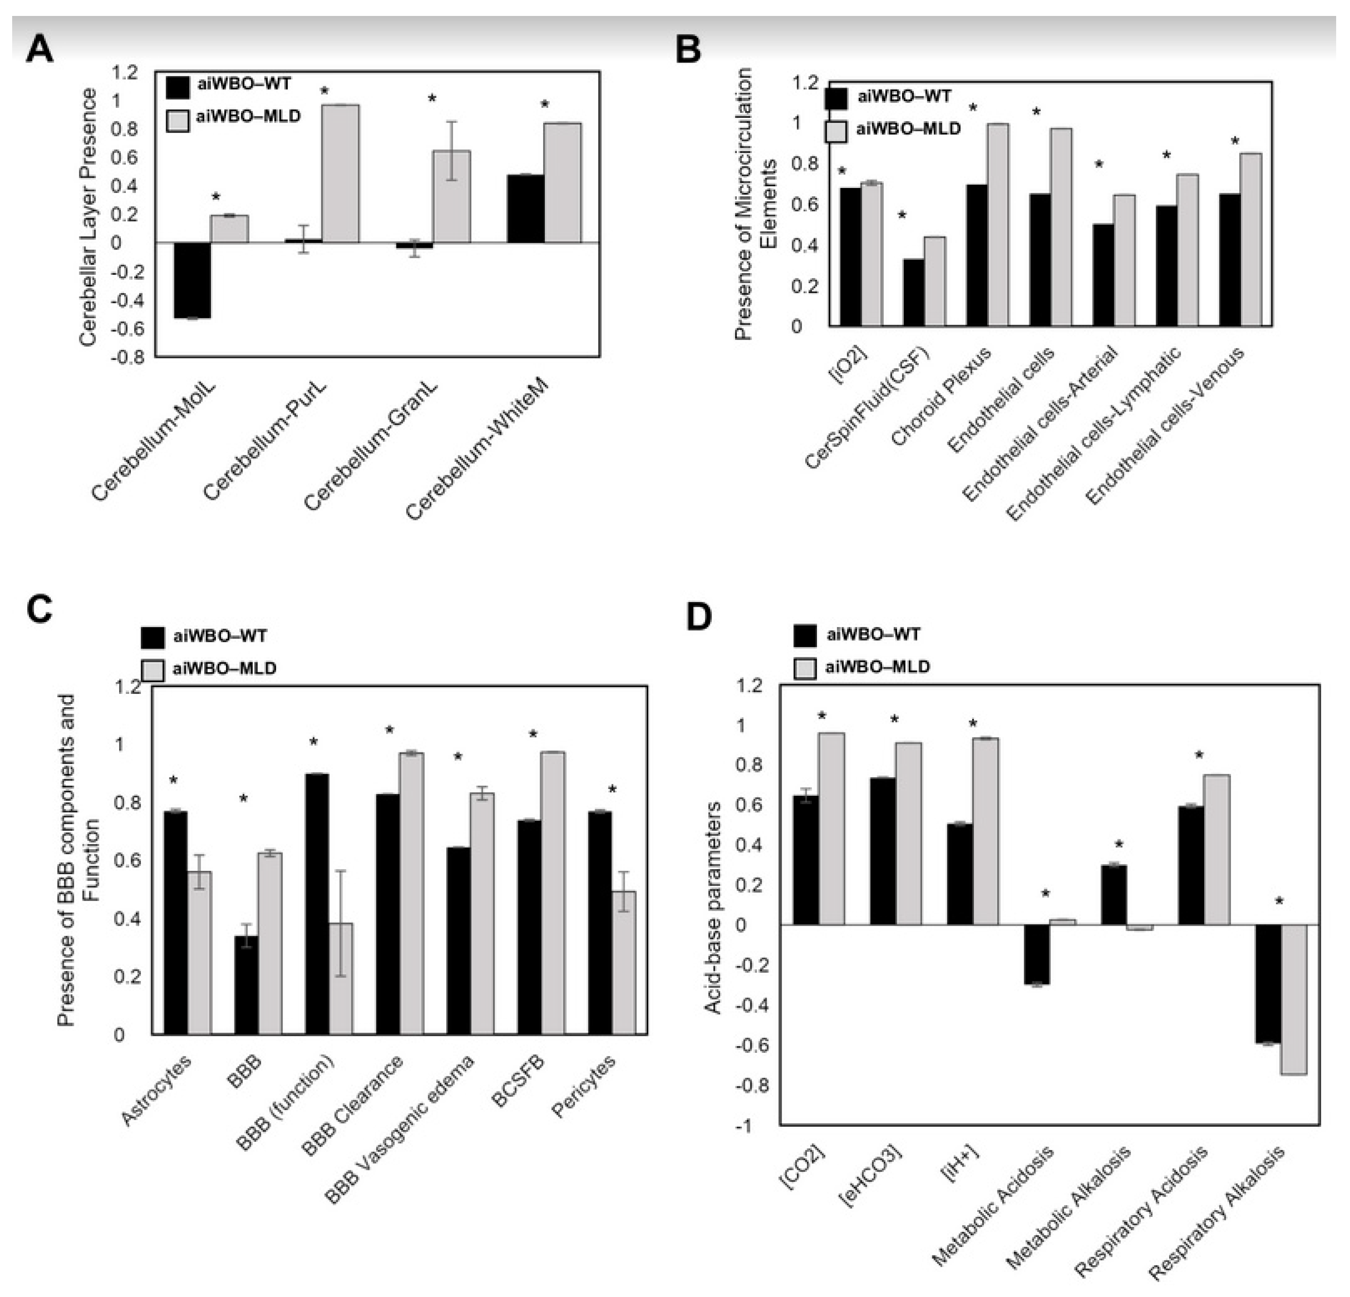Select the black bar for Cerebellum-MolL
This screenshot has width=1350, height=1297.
[x=192, y=280]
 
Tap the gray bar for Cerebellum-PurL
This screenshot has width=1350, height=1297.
[x=340, y=174]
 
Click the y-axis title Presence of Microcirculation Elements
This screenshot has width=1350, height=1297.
[x=754, y=204]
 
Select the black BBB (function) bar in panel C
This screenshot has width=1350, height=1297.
[x=317, y=904]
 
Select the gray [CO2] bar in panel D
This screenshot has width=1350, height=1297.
[x=831, y=828]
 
